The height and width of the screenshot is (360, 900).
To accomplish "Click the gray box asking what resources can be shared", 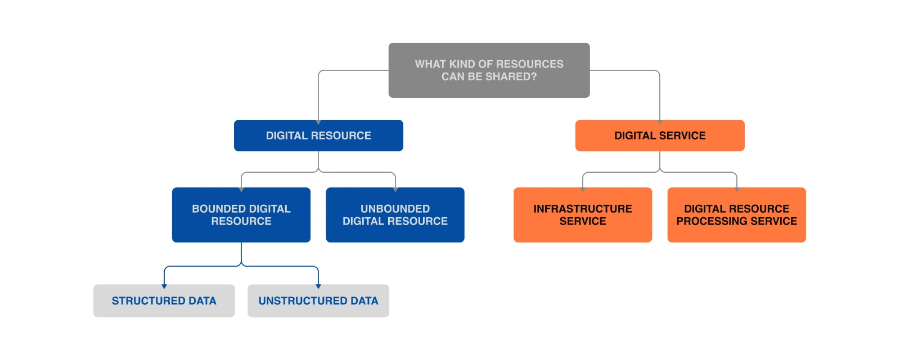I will (x=489, y=70).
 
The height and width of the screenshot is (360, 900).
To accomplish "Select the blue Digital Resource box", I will (x=318, y=136).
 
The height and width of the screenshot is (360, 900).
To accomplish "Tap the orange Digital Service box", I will (x=660, y=136).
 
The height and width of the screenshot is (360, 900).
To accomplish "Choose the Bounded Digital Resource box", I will (x=241, y=215).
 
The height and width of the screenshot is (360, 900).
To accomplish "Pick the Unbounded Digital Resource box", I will (x=395, y=215).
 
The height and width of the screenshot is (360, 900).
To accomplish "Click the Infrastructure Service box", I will (x=583, y=215).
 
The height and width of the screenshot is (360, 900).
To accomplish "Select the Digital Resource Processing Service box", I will (x=736, y=215).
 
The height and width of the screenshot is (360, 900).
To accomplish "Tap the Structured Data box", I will (x=164, y=301).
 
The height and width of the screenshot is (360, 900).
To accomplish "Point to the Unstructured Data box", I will (x=318, y=301).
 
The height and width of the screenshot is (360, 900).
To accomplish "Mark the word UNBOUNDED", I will (x=395, y=209).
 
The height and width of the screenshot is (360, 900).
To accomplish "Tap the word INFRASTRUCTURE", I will (x=583, y=209).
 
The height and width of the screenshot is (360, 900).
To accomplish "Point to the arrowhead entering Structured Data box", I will (x=164, y=286).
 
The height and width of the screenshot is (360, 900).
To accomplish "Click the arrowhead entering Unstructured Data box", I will (x=318, y=286).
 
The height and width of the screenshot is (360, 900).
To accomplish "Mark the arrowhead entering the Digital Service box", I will (x=660, y=121).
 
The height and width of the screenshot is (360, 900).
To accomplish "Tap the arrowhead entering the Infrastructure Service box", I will (x=583, y=190).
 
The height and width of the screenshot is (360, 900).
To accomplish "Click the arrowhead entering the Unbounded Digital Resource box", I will (x=395, y=190).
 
